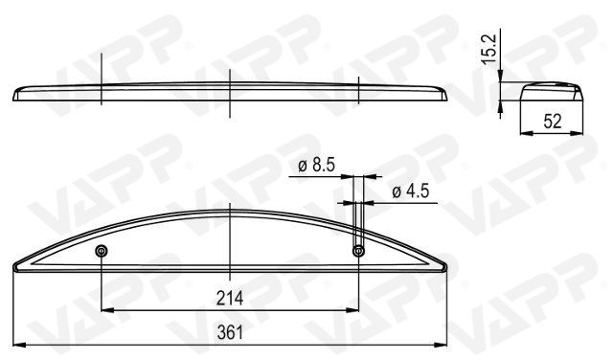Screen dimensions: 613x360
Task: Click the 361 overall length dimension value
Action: (x=230, y=332)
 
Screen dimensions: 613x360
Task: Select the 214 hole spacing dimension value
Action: (x=230, y=298)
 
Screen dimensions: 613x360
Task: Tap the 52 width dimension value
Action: (x=553, y=122)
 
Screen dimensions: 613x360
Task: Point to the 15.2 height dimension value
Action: (x=488, y=49)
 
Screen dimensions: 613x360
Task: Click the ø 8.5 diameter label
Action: (x=317, y=165)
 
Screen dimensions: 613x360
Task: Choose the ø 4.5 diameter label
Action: (x=411, y=191)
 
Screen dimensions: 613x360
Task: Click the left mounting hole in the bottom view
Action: (x=102, y=251)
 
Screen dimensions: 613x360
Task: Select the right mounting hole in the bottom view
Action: (x=358, y=251)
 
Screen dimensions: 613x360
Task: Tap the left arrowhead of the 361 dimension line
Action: (x=19, y=345)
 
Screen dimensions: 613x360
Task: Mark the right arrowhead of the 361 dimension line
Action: (x=441, y=345)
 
